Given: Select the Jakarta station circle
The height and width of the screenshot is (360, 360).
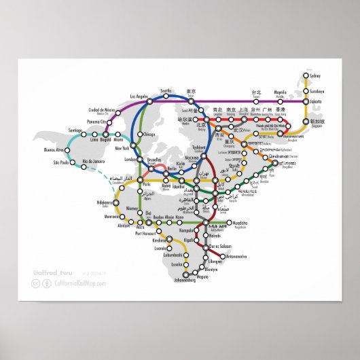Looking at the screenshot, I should pyautogui.click(x=304, y=102).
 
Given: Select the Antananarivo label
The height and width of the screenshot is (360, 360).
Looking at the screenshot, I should pyautogui.click(x=236, y=256).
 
